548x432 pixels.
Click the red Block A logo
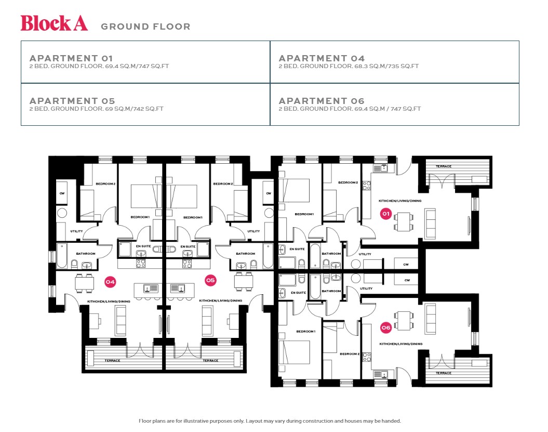tap(54, 23)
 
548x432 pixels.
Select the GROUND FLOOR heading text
tap(145, 27)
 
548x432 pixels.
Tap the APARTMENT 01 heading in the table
tap(71, 58)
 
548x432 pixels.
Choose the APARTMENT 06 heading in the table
tap(322, 101)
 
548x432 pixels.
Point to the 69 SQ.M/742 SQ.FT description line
tap(97, 109)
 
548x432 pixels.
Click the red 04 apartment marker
tap(110, 281)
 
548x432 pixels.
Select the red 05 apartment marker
tap(210, 280)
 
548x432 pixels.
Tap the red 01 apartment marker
tap(385, 214)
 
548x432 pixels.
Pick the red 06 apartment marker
tap(385, 328)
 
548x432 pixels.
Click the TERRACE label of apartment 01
tap(444, 166)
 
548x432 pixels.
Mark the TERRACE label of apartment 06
tap(444, 373)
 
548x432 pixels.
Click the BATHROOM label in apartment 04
tap(86, 254)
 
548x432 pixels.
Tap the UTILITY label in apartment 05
tap(253, 231)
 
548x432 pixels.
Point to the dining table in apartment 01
tap(404, 221)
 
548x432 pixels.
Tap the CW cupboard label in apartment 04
tap(62, 193)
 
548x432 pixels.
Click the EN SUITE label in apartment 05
tap(188, 246)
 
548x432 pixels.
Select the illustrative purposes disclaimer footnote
tap(270, 421)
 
